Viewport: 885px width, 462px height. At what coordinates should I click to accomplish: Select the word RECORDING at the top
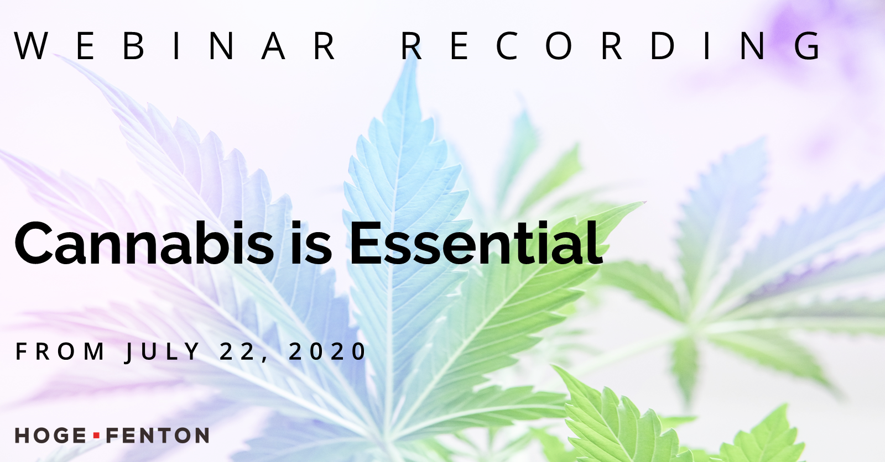pos(611,46)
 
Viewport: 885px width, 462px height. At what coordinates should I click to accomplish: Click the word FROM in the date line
pos(60,351)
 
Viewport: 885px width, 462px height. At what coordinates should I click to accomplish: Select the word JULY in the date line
pos(163,352)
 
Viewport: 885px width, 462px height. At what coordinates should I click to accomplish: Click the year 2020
pos(327,351)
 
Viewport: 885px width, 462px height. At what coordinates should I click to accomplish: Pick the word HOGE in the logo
pos(50,435)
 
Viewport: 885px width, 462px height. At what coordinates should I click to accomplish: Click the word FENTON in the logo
pos(158,435)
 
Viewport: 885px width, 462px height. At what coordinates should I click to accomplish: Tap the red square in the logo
pos(96,435)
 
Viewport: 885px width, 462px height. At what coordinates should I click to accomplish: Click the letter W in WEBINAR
pos(31,46)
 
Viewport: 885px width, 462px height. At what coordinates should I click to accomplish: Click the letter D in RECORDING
pos(663,46)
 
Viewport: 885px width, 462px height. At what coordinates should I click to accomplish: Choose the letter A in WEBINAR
pos(273,46)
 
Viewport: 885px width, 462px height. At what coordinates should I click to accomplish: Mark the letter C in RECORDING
pos(507,46)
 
